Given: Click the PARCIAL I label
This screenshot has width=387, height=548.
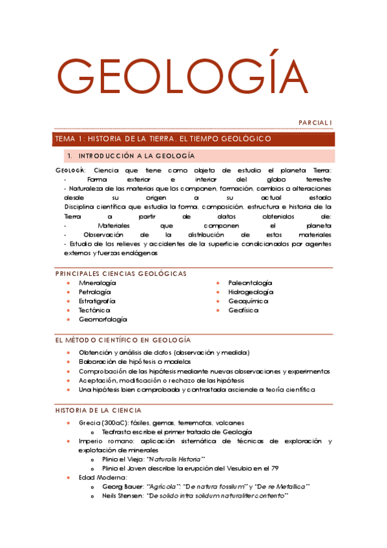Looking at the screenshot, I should tap(315, 122).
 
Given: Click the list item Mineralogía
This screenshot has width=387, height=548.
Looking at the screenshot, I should tap(98, 283).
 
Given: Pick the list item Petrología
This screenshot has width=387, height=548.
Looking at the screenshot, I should tap(94, 292).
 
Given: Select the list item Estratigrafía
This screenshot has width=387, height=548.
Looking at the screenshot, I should tap(97, 301).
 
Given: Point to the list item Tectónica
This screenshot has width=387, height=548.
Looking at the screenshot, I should tap(94, 310).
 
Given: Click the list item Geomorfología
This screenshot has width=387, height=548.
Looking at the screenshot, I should tap(102, 319).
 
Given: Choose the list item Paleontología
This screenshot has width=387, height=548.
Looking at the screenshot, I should tap(250, 283).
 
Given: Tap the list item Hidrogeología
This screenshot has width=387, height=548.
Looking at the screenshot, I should tap(251, 292).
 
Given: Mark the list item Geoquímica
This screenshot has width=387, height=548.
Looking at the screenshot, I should tap(247, 301).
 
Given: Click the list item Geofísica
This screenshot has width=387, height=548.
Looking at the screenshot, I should tap(243, 310).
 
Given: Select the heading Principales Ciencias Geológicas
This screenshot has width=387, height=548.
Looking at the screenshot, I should tap(121, 273).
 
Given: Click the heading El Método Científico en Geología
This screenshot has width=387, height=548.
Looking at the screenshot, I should tap(123, 340).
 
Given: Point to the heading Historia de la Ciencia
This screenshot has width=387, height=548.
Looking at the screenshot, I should tap(99, 410).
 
